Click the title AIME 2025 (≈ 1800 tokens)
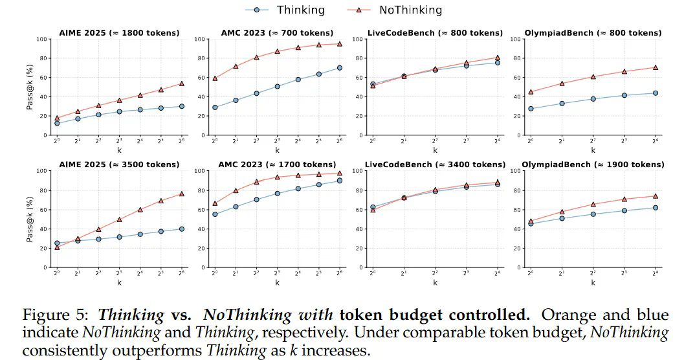[x=119, y=32]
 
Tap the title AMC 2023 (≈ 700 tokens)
[x=277, y=32]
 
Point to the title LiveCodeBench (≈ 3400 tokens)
[x=435, y=164]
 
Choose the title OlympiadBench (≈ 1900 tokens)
[x=593, y=164]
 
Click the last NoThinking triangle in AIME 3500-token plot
[x=182, y=194]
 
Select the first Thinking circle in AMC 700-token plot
[x=215, y=107]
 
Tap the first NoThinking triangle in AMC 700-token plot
[x=215, y=78]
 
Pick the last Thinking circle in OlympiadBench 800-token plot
[x=655, y=93]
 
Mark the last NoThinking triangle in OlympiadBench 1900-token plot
[x=655, y=196]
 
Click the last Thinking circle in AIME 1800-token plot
[x=182, y=106]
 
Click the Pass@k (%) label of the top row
[x=29, y=87]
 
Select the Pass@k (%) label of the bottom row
[x=29, y=219]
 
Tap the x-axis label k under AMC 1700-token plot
[x=277, y=282]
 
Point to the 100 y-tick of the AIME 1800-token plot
[x=42, y=39]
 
